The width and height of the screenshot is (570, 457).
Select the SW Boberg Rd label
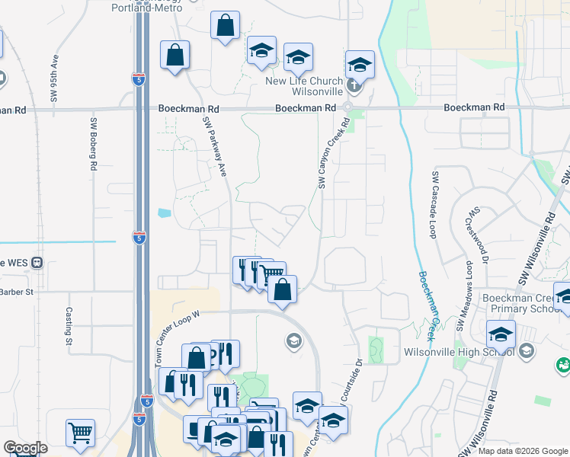click(x=94, y=144)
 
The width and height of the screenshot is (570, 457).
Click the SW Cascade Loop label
click(x=434, y=205)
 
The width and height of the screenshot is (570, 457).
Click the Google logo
click(x=25, y=448)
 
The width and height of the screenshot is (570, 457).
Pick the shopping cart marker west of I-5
click(x=80, y=433)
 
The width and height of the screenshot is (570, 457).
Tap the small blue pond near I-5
click(x=165, y=213)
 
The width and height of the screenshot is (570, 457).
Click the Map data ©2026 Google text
click(x=523, y=451)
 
